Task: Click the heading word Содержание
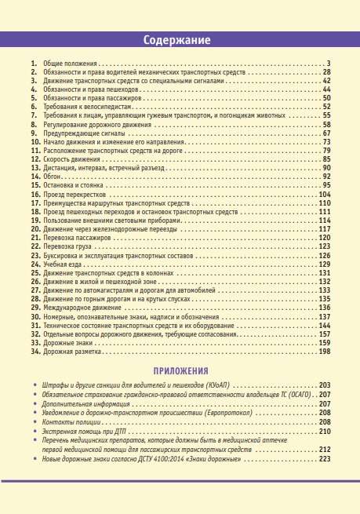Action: tap(180, 40)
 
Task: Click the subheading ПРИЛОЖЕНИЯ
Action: tap(180, 370)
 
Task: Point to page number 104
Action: tap(324, 194)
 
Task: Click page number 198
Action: tap(324, 352)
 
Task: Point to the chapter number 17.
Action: tap(35, 202)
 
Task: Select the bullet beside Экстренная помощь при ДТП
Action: tap(35, 432)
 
